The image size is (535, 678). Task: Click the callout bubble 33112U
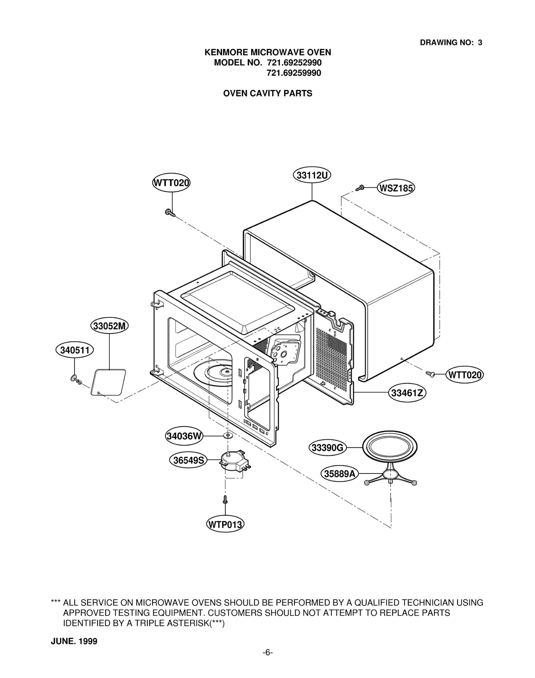[x=312, y=176]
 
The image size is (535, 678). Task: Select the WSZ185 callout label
[x=396, y=188]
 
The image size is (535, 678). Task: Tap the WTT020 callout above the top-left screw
[x=171, y=183]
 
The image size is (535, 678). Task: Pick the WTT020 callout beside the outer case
[x=464, y=375]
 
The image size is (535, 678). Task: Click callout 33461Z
[x=407, y=393]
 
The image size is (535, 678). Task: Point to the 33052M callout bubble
[x=109, y=326]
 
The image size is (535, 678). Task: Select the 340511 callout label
[x=75, y=350]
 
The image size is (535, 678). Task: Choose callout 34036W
[x=184, y=436]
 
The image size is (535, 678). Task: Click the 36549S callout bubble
[x=188, y=460]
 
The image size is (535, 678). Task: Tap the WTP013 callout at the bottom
[x=225, y=524]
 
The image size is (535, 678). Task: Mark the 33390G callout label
[x=327, y=448]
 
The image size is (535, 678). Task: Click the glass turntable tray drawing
[x=390, y=447]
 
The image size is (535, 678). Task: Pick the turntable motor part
[x=233, y=461]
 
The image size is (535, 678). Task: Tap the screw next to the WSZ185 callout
[x=360, y=188]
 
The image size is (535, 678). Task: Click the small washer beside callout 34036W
[x=228, y=436]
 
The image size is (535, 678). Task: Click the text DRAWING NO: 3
[x=451, y=42]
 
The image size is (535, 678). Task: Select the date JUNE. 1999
[x=74, y=641]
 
